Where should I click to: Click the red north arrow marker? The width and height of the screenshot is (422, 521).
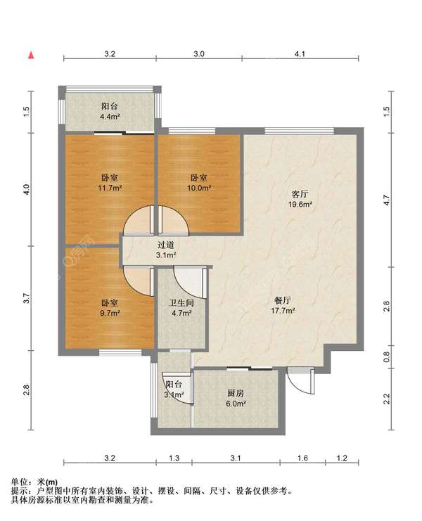click(31, 55)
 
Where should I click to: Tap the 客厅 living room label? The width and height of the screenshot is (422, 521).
click(300, 194)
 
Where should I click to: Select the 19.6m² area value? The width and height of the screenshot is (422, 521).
click(300, 205)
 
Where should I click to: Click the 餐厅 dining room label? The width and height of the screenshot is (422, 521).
click(283, 301)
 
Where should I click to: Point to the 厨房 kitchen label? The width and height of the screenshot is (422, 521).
click(236, 394)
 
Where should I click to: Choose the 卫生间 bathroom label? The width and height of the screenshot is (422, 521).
click(181, 303)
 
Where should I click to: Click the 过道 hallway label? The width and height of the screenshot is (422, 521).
click(166, 245)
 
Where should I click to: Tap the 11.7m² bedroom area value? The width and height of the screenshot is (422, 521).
click(110, 188)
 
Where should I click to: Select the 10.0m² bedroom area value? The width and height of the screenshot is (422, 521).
click(199, 188)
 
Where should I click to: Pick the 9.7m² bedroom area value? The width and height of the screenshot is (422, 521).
click(110, 313)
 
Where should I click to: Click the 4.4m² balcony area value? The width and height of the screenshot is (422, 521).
click(110, 117)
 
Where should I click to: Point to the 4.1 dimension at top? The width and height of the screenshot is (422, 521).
click(300, 54)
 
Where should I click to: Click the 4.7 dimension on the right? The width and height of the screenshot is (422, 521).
click(386, 200)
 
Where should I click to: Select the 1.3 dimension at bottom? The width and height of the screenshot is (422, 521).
click(174, 458)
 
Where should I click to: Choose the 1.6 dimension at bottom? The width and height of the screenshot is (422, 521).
click(302, 458)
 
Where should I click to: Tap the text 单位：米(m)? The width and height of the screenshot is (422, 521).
click(34, 482)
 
